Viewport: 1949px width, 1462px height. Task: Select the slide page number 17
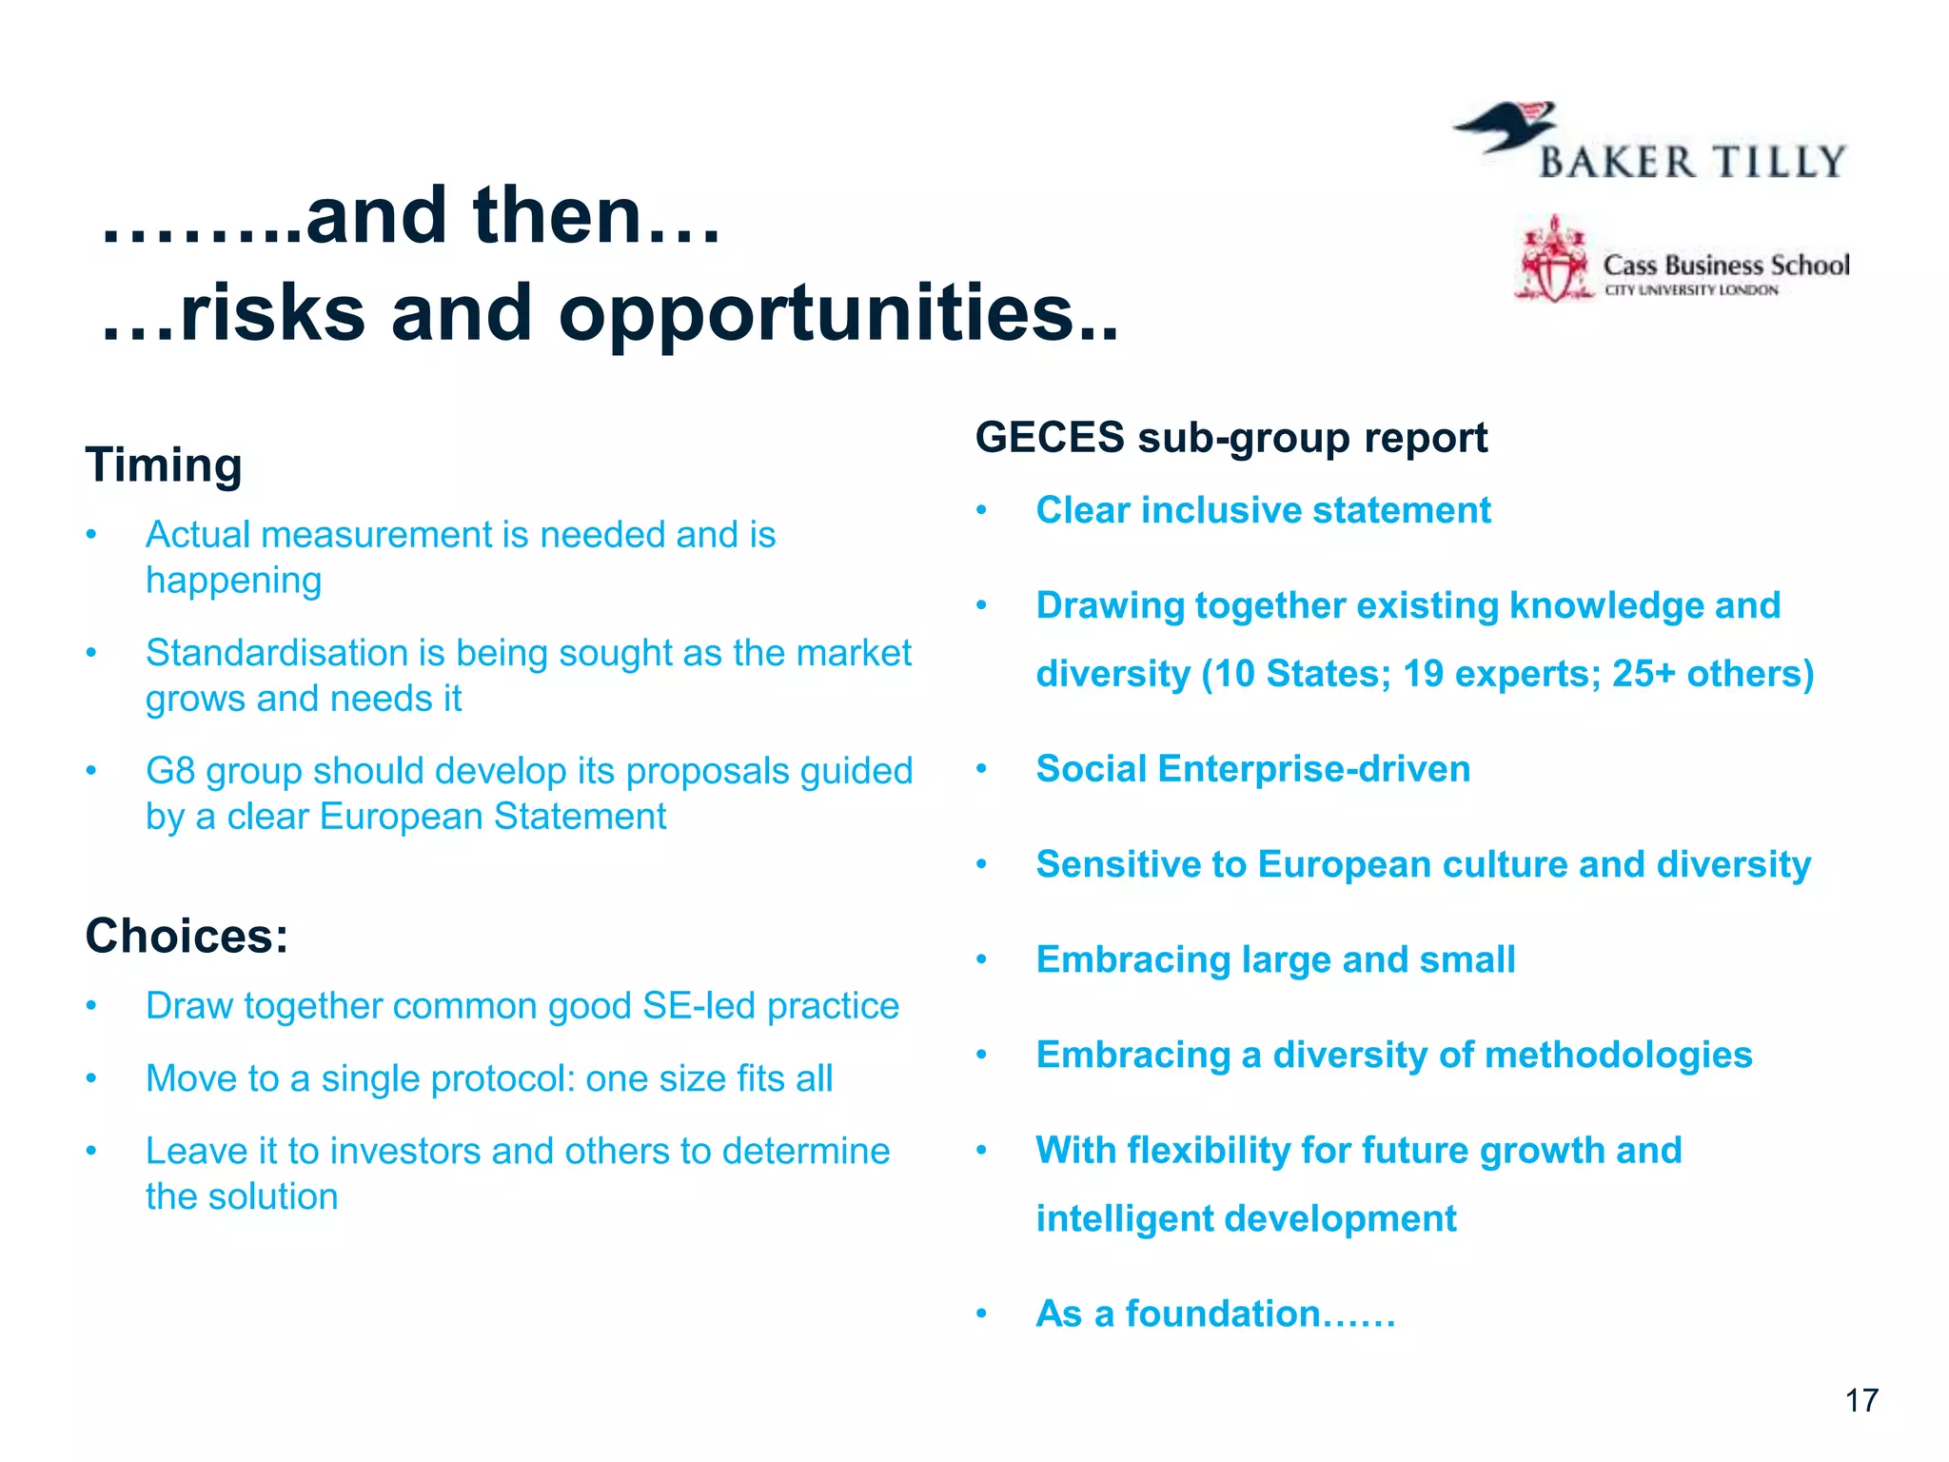(1861, 1400)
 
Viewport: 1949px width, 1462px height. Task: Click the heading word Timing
(164, 466)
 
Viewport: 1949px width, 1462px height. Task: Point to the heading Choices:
(187, 936)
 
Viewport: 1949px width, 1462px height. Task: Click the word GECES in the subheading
(1049, 438)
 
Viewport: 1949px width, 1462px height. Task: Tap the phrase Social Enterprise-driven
(1252, 769)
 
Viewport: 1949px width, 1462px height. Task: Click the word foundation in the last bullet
(1222, 1314)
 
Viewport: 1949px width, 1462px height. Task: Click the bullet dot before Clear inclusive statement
(981, 511)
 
